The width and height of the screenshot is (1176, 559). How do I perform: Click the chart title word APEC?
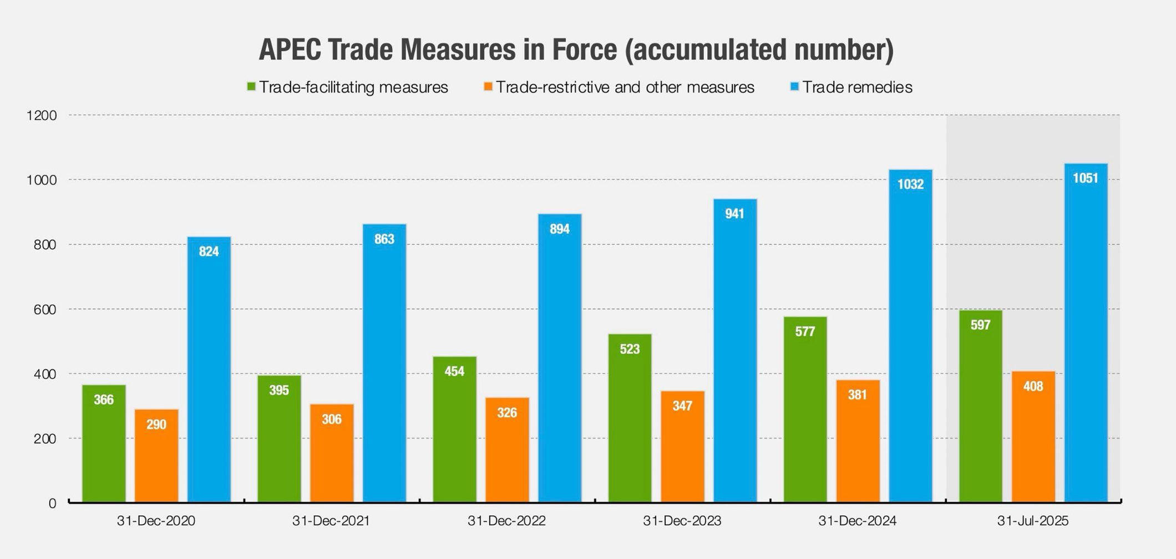[289, 49]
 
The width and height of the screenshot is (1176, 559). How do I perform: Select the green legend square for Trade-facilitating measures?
[251, 87]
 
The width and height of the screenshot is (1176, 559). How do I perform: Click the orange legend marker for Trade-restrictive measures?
[488, 87]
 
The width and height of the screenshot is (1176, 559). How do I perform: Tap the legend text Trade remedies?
[857, 87]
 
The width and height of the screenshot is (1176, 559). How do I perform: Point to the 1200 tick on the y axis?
[42, 115]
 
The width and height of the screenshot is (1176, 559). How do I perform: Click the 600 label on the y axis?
[45, 309]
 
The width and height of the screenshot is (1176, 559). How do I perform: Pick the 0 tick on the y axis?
[52, 503]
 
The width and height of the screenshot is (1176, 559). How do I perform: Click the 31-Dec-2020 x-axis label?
[156, 521]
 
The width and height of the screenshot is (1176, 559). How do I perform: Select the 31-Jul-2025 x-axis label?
[1032, 521]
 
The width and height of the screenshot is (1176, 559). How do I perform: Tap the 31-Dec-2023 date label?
[682, 521]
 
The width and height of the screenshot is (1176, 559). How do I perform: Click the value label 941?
[734, 214]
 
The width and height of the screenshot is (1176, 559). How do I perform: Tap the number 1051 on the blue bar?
[1085, 178]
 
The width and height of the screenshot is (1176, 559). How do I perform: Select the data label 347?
[682, 406]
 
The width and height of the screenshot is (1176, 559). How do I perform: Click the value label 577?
[805, 331]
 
